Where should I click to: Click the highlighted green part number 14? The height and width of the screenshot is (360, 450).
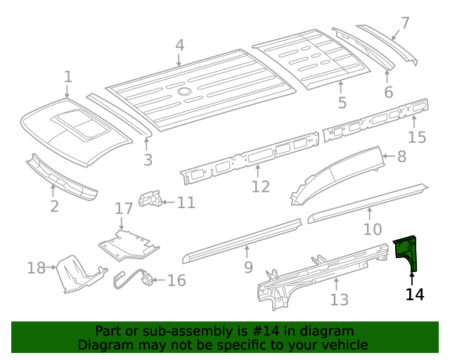click(407, 254)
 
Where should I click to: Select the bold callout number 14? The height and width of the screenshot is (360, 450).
click(415, 294)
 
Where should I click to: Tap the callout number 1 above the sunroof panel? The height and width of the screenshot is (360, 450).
click(68, 77)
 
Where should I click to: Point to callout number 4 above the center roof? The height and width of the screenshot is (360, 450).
click(180, 46)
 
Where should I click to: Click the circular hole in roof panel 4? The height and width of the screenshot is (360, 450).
click(184, 91)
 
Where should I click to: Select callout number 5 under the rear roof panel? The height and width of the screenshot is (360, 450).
click(342, 103)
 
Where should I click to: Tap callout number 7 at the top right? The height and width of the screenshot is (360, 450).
click(404, 23)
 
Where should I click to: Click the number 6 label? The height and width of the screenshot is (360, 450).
click(389, 93)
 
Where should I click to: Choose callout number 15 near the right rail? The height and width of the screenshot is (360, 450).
click(417, 136)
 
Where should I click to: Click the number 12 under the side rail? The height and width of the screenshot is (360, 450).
click(261, 186)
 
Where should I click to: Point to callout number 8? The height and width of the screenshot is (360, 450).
click(401, 157)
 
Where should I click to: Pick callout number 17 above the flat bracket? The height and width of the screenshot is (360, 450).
click(124, 208)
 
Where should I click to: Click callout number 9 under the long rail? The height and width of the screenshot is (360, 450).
click(248, 267)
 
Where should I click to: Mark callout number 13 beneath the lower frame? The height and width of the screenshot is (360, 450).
click(340, 300)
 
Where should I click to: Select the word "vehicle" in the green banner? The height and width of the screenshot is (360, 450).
click(344, 345)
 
